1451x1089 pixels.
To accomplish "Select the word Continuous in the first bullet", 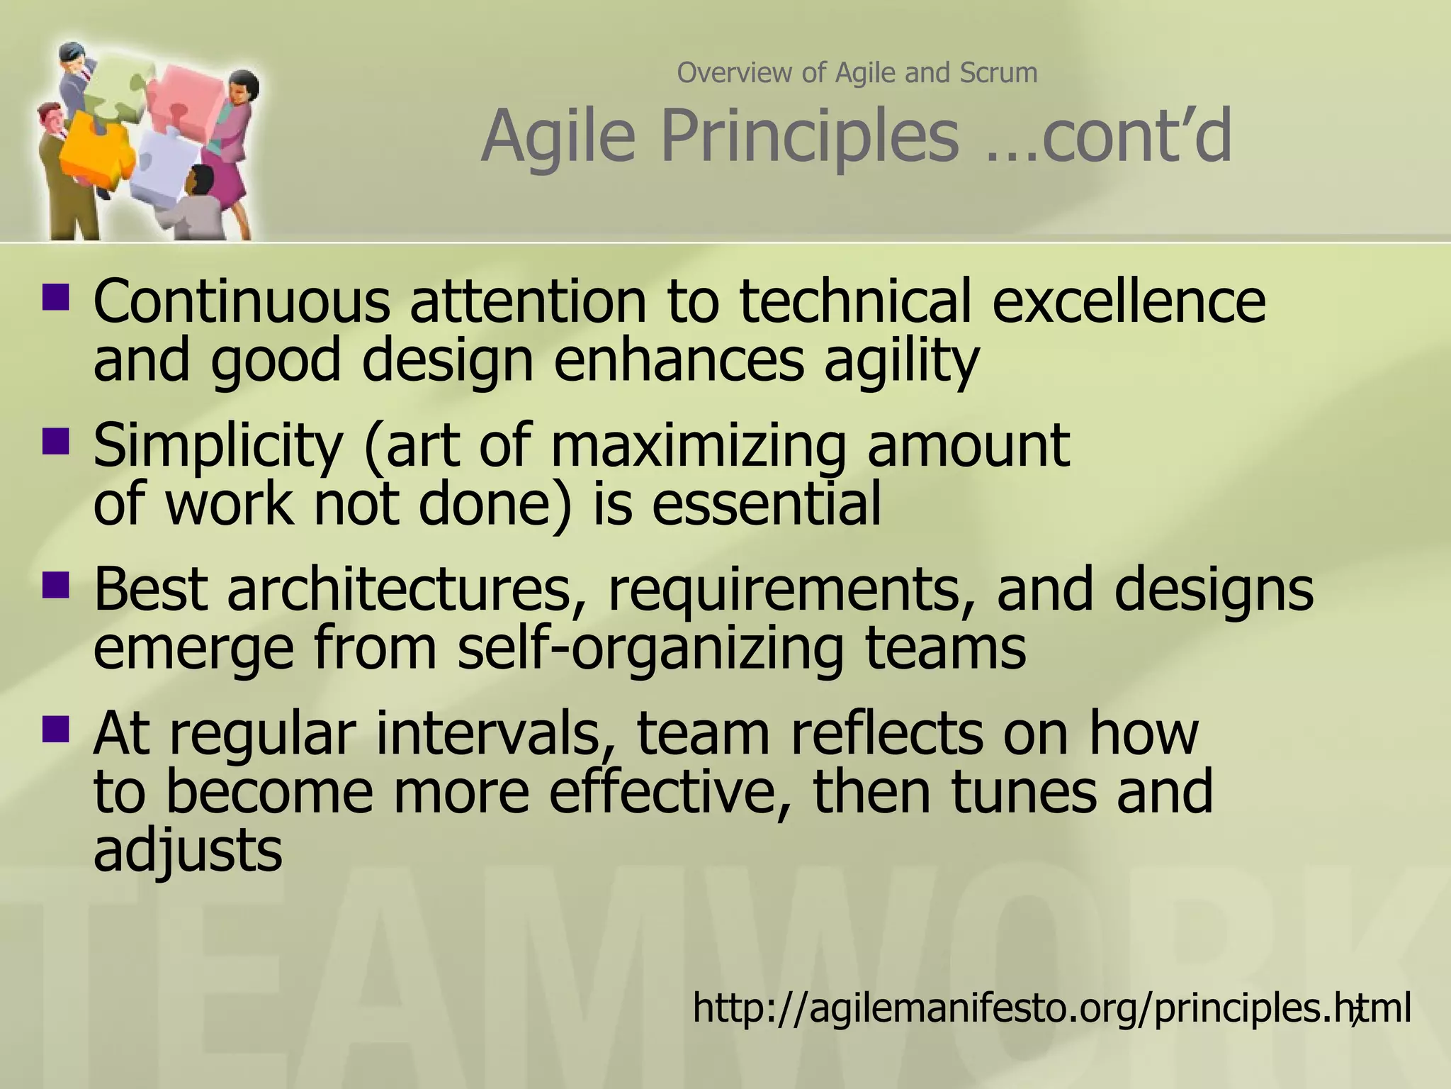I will [x=242, y=301].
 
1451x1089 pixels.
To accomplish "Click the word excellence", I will [x=1128, y=301].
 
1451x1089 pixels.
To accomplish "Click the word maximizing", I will [x=697, y=445].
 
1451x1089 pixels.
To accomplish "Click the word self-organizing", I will [x=650, y=648].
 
